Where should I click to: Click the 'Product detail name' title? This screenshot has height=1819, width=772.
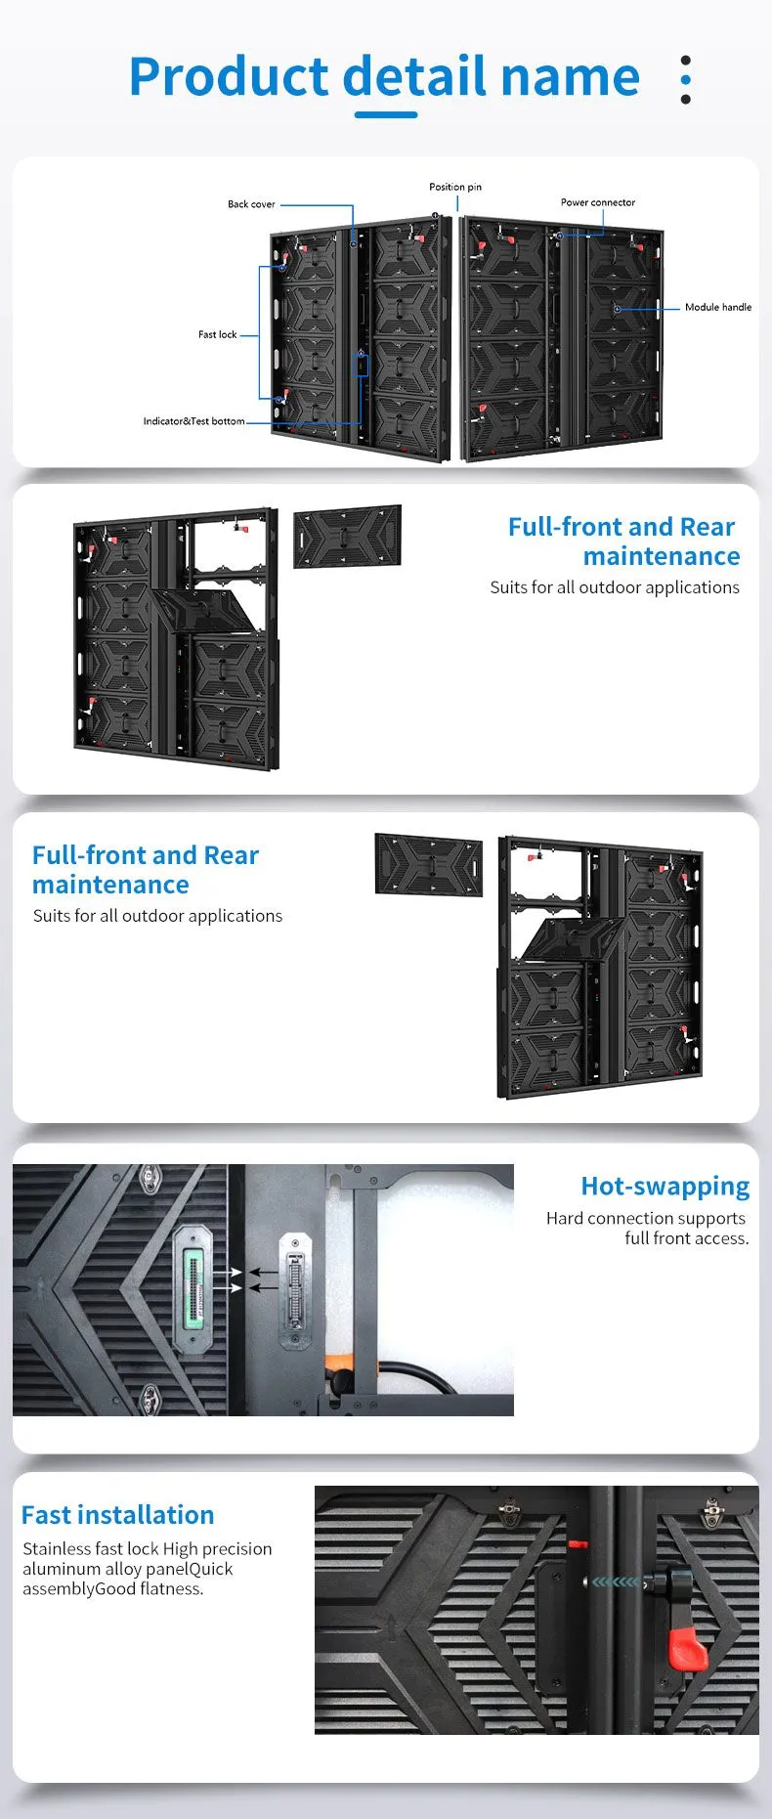[x=384, y=77]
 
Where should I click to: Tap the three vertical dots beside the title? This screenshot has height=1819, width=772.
[x=686, y=80]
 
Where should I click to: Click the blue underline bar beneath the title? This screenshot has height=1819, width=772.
[x=386, y=114]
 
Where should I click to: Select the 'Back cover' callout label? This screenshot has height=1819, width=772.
[x=251, y=204]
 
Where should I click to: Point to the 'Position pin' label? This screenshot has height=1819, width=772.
[x=455, y=187]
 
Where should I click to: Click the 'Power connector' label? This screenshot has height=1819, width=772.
[x=598, y=202]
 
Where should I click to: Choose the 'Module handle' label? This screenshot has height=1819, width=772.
[x=718, y=307]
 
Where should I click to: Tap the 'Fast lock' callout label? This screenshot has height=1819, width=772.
[x=217, y=334]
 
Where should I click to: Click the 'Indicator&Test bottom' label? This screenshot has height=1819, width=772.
[x=193, y=421]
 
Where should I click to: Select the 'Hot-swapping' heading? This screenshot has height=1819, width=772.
[x=665, y=1187]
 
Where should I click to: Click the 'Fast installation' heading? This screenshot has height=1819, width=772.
[x=117, y=1515]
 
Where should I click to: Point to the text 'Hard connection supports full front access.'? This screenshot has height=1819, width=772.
[x=647, y=1228]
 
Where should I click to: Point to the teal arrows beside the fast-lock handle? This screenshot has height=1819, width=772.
[x=616, y=1581]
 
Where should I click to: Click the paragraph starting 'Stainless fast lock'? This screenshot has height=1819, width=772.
[x=147, y=1569]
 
